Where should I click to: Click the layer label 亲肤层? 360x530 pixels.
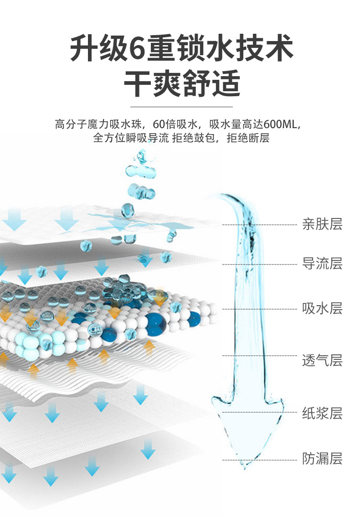point(322,224)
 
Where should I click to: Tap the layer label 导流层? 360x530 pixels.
point(322,264)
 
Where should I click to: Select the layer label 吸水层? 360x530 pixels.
point(322,309)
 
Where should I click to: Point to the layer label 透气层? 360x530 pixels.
point(322,361)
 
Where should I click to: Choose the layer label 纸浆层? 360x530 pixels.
point(322,414)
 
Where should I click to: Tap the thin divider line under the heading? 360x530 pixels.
point(181,107)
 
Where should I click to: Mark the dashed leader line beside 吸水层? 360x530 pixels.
point(260,309)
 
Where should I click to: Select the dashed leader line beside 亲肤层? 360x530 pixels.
point(260,225)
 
